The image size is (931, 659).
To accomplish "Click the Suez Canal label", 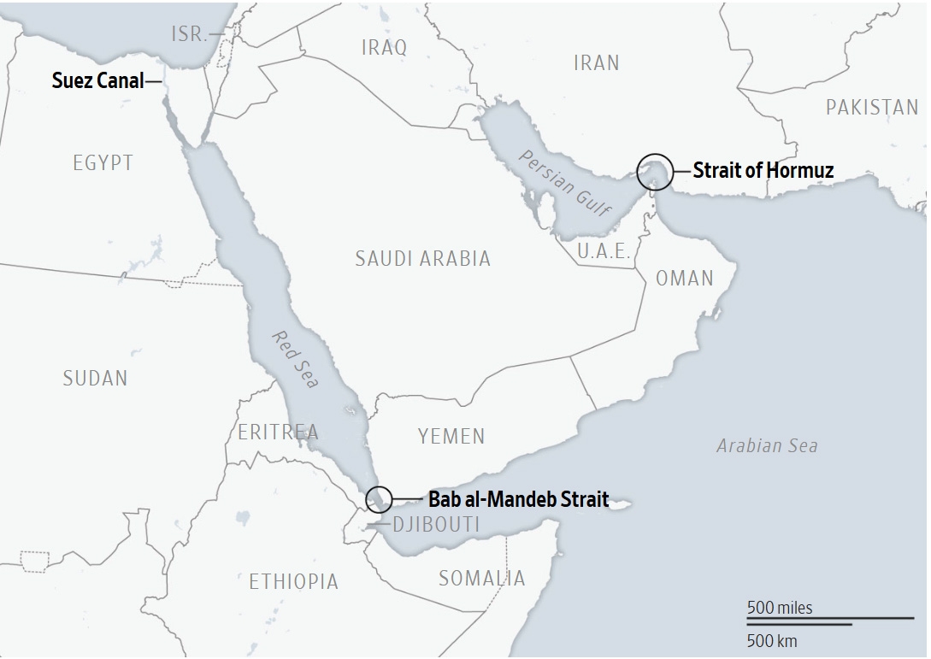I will (x=97, y=82).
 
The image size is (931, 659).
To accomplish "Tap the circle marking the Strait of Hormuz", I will (x=655, y=171).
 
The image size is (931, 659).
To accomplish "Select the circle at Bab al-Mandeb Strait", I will (x=379, y=498).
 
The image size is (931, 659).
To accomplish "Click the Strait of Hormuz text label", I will (x=763, y=170).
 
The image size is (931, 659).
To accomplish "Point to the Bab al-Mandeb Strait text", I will (x=519, y=499).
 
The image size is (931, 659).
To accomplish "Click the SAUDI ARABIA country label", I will (x=423, y=258).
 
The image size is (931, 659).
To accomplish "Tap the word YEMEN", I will (x=451, y=437).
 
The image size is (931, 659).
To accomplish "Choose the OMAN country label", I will (x=684, y=279).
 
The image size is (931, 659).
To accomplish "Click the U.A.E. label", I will (x=604, y=251).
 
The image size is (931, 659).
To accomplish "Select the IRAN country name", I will (x=596, y=62).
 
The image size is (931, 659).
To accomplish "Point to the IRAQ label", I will (x=384, y=47).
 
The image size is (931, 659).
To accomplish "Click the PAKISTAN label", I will (x=871, y=108).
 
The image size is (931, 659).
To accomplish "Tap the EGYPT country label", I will (x=103, y=162).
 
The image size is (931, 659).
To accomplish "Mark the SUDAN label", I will (x=95, y=378).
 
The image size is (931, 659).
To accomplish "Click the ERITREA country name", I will (x=278, y=432).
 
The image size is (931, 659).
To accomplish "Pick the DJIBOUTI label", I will (x=435, y=525).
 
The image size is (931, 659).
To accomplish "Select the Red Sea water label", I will (x=295, y=358).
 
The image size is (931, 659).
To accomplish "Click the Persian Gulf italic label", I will (x=564, y=183).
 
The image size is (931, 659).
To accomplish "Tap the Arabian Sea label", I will (x=767, y=445).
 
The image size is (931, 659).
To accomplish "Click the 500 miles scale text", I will (x=780, y=608).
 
